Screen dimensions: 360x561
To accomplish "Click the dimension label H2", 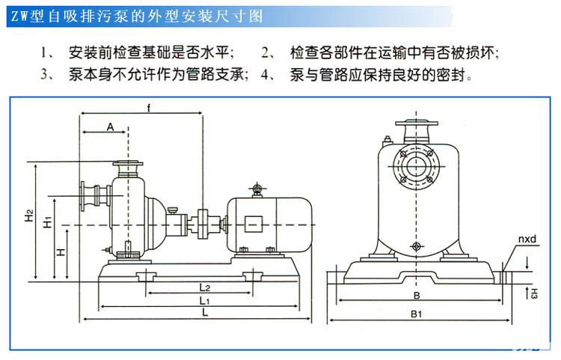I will [x=28, y=216].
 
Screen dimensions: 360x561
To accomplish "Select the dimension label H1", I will [x=46, y=222].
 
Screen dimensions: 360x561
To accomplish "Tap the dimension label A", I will [x=110, y=126].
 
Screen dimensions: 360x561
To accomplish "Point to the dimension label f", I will [x=149, y=109].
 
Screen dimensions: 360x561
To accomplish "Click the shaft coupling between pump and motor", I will [x=203, y=223].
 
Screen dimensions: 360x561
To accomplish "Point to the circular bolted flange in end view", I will [x=416, y=168].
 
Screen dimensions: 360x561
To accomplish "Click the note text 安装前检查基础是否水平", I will [x=151, y=52].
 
